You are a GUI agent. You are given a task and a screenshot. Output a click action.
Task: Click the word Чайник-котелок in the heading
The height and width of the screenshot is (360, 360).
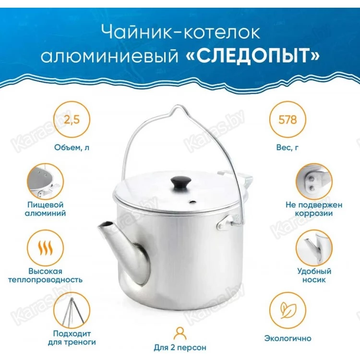tap(180, 32)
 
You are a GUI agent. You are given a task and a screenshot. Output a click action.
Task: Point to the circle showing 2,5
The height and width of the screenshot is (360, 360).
tap(72, 120)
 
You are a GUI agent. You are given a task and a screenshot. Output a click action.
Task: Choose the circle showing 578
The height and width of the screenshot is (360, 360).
tap(288, 120)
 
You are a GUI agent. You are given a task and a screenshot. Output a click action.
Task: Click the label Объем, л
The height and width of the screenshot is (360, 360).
tap(72, 147)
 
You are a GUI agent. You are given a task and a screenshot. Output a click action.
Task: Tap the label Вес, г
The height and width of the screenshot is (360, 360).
tap(288, 147)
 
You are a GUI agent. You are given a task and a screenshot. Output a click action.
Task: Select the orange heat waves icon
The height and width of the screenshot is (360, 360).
tap(45, 248)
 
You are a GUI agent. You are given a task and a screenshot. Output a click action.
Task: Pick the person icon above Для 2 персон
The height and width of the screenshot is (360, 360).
tap(180, 334)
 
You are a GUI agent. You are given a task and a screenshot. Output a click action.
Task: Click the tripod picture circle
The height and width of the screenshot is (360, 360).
tap(72, 310)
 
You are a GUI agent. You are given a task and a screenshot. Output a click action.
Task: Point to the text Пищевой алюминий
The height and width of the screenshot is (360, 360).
tap(45, 209)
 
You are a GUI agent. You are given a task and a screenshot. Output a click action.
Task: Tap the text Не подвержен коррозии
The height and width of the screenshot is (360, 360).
tap(314, 209)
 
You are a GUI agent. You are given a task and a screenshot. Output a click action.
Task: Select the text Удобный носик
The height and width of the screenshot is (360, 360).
tap(314, 276)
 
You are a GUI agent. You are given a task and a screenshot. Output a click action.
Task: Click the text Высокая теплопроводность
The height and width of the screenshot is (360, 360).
tap(45, 276)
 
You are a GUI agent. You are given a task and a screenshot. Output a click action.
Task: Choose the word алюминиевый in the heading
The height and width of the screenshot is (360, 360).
tap(109, 56)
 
